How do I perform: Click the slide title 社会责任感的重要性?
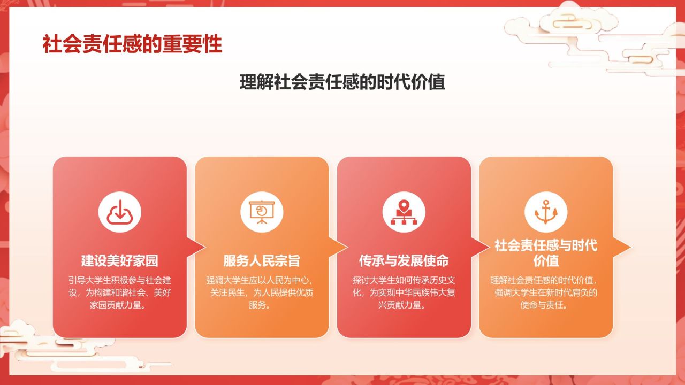coord(132,44)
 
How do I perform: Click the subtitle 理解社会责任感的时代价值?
coord(342,83)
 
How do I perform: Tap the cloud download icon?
coord(119,211)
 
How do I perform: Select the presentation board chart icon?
coord(262,211)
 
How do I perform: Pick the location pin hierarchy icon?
coord(404,211)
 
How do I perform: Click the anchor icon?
coord(546,211)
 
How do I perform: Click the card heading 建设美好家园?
coord(119,261)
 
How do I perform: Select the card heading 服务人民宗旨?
coord(262,261)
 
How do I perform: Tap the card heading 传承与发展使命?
coord(404,261)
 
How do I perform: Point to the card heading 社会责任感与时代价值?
coord(546,253)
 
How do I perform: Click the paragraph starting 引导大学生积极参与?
coord(119,292)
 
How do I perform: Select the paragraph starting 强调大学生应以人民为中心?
coord(262,292)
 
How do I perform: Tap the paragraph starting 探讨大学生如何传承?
coord(404,292)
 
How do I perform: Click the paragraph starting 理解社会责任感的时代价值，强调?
coord(546,292)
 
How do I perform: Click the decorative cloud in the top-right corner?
coord(599,32)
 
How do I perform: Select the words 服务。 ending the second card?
coord(262,305)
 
